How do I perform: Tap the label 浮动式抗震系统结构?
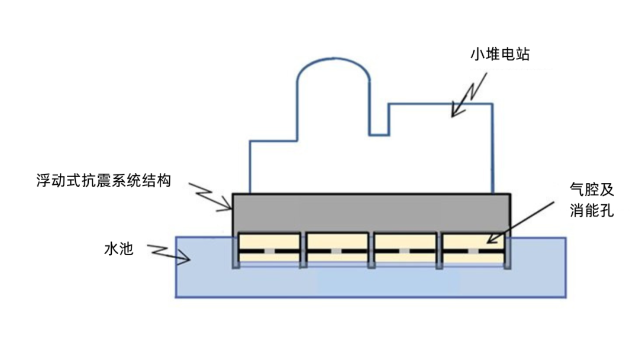104,180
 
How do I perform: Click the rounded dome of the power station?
333,77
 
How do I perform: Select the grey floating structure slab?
371,212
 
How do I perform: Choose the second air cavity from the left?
336,242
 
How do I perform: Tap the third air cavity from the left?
405,242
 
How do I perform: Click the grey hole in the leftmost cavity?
269,251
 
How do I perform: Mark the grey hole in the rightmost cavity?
473,251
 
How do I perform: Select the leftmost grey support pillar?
235,252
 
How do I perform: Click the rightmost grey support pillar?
507,252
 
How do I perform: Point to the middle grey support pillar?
371,252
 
